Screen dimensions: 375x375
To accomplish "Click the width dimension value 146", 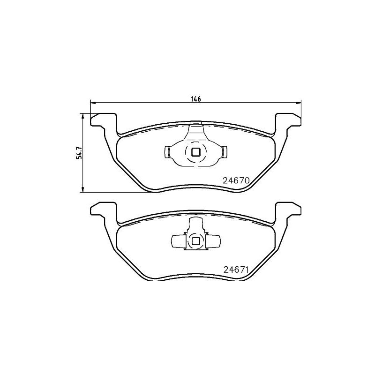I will [196, 99].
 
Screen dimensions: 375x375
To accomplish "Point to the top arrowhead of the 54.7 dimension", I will [83, 115].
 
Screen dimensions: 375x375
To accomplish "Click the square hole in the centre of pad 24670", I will [196, 151].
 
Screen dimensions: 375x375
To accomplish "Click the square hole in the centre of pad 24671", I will [196, 241].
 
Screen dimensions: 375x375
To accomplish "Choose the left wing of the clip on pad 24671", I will [178, 241].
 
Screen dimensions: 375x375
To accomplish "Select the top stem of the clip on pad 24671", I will [196, 224].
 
